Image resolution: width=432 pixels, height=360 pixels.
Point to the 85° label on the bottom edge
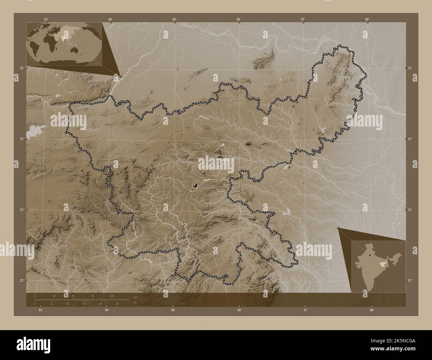173,310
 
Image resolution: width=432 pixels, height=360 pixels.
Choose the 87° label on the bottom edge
305,310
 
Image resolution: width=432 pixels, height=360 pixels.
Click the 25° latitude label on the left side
21,68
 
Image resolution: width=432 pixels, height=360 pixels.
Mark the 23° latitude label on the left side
21,210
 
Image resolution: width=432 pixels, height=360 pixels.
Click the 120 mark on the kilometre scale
112,296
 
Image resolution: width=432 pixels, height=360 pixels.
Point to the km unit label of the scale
135,297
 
